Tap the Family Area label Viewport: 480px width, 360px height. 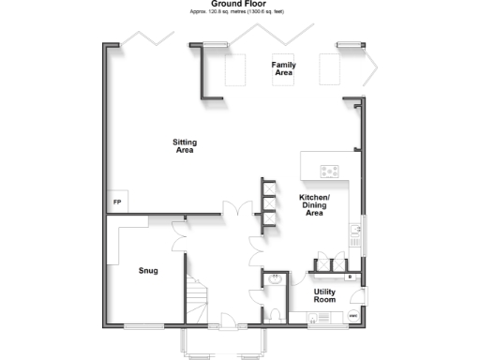click(284, 68)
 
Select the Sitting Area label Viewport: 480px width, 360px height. click(185, 146)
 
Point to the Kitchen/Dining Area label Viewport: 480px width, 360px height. click(314, 205)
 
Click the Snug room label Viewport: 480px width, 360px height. click(147, 272)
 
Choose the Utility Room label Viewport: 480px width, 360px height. click(324, 295)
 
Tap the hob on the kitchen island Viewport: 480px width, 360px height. click(330, 171)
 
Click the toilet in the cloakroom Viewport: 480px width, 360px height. click(275, 312)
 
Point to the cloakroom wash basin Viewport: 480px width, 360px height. click(277, 278)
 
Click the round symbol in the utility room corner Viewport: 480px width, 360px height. click(353, 317)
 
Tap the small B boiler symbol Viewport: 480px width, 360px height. click(349, 277)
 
